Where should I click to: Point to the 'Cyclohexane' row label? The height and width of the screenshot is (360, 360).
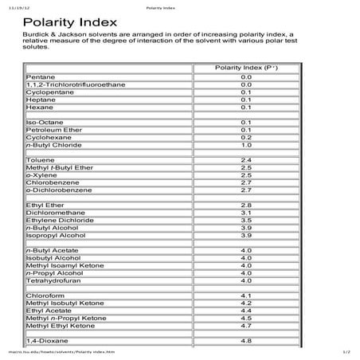coord(49,136)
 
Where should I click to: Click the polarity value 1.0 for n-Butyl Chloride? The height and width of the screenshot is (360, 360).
coord(245,145)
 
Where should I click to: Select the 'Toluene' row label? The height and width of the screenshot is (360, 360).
coord(40,160)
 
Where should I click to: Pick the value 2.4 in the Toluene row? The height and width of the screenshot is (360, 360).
coord(245,160)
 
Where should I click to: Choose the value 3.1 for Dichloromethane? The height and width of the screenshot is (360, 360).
coord(245,213)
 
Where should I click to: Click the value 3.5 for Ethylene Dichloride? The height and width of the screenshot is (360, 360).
coord(245,221)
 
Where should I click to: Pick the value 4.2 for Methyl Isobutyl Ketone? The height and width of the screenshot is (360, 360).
coord(245,303)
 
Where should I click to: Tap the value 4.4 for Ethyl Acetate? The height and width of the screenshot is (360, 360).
coord(245,311)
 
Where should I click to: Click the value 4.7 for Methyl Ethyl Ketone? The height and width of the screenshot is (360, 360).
coord(245,326)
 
